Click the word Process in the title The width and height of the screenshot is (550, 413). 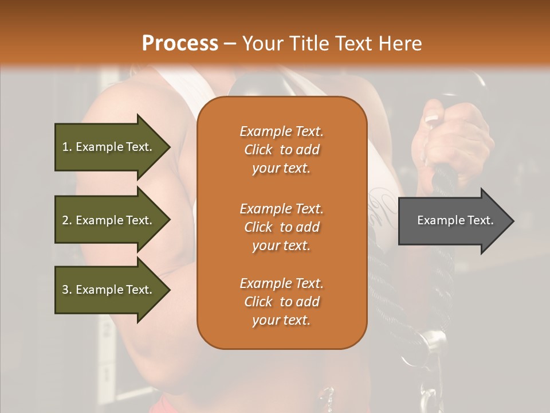click(180, 44)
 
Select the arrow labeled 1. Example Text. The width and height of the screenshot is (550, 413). click(109, 147)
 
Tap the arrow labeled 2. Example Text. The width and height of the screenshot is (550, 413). click(109, 220)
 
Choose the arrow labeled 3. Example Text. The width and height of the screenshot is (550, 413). click(109, 290)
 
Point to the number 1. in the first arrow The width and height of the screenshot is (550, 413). click(67, 147)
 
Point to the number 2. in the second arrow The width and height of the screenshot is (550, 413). click(67, 220)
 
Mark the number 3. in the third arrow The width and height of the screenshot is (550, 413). click(67, 290)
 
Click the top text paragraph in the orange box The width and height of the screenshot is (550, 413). click(281, 150)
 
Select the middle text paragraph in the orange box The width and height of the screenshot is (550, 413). click(281, 227)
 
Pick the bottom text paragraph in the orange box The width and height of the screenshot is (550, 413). click(281, 302)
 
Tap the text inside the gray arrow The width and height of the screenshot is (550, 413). click(455, 220)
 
